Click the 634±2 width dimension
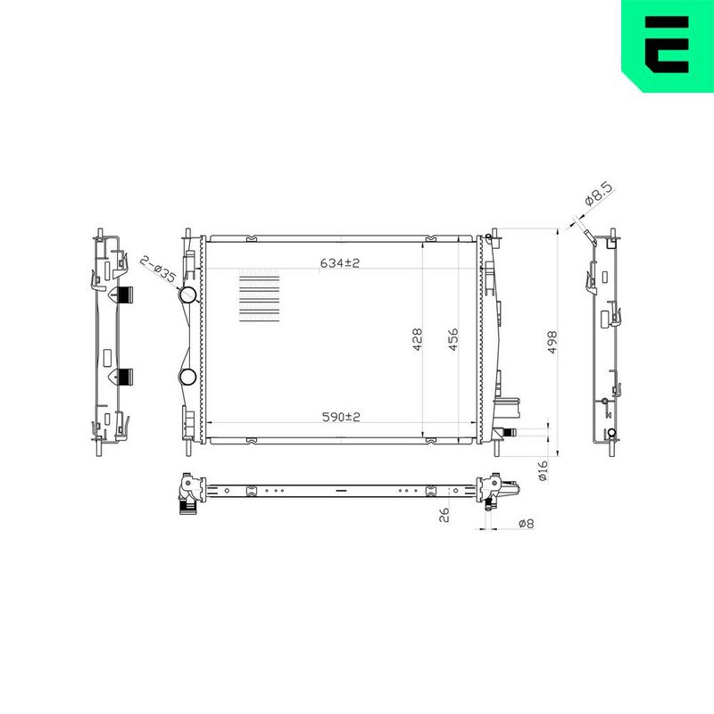click(340, 262)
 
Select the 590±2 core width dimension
click(341, 417)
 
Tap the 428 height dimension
click(417, 339)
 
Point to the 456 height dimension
click(453, 339)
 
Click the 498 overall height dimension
click(552, 342)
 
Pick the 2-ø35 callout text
click(158, 270)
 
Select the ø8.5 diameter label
click(599, 195)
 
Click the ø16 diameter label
click(543, 470)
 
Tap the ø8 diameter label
click(526, 524)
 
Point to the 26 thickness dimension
click(444, 515)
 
